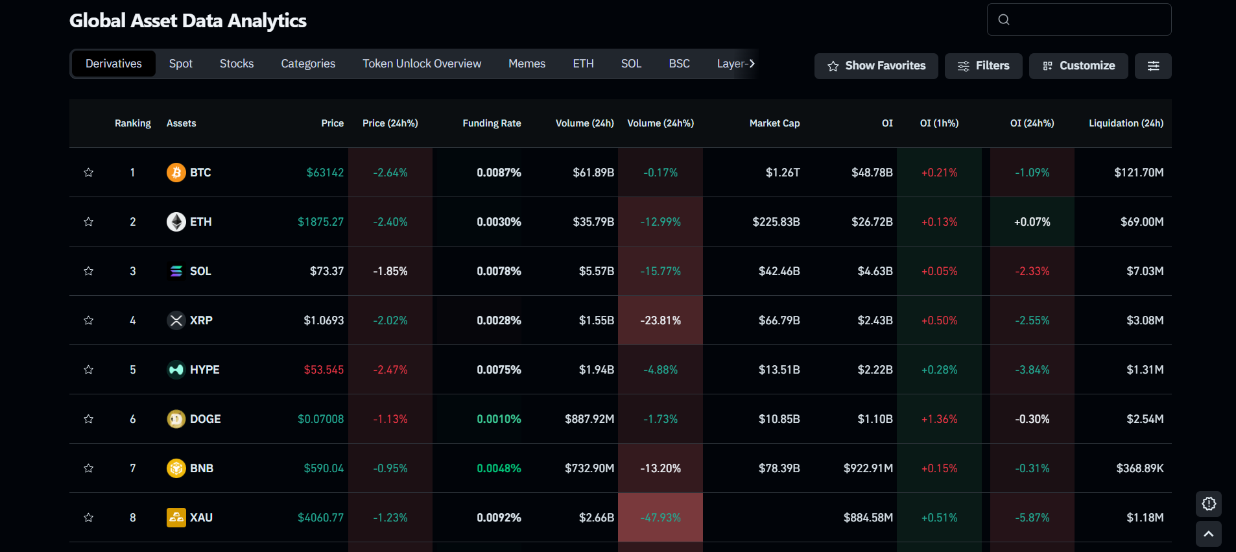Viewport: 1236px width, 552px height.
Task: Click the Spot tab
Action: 181,64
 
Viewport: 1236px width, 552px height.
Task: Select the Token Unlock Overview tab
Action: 422,64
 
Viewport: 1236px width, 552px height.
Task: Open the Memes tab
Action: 527,64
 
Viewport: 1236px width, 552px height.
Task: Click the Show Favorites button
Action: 876,66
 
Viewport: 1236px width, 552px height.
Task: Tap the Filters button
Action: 983,66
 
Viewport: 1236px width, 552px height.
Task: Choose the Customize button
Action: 1078,66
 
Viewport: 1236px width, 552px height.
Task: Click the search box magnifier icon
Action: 1004,19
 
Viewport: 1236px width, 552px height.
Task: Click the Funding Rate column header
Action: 492,123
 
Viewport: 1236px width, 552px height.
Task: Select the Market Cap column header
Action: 774,123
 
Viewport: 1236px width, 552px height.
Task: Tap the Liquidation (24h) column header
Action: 1126,123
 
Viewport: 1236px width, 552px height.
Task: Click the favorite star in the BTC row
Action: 89,173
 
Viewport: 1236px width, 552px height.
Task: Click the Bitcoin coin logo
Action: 176,173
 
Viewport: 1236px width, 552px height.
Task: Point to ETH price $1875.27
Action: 320,222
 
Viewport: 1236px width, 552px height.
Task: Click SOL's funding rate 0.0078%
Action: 499,271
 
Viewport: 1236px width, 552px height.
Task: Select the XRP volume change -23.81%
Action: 660,320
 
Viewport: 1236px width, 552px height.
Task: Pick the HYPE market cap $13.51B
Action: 779,370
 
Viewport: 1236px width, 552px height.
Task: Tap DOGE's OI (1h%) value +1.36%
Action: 939,419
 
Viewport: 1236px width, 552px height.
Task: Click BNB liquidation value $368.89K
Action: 1139,468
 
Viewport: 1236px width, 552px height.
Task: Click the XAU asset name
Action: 201,518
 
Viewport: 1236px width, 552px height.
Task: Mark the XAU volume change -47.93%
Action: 660,518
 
